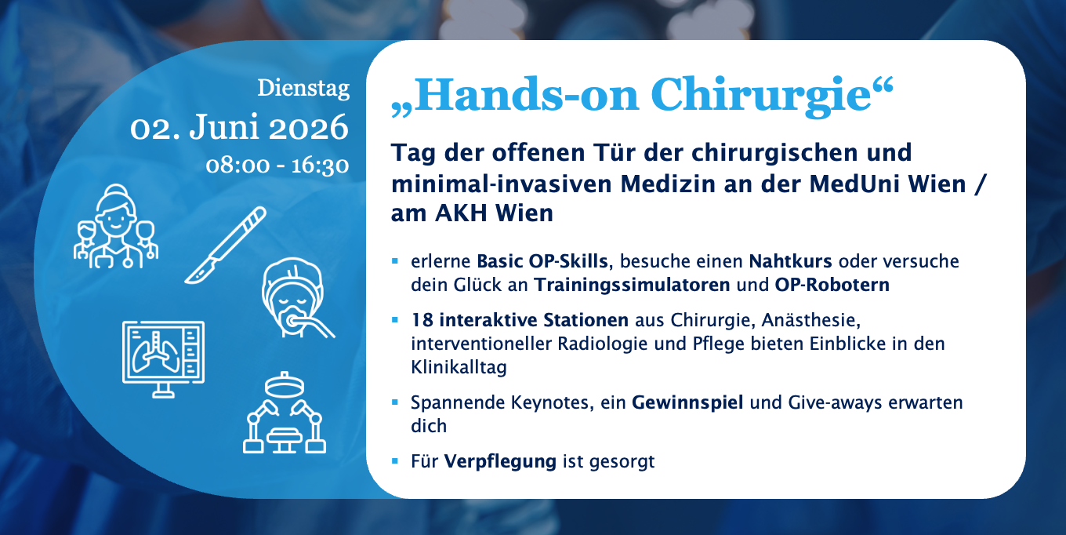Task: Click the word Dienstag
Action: click(x=303, y=88)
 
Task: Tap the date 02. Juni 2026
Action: click(x=239, y=127)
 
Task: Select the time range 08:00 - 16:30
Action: click(x=277, y=165)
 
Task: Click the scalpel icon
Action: click(x=225, y=245)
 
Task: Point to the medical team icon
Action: click(x=116, y=226)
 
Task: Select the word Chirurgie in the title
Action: click(x=761, y=95)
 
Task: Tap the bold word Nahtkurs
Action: click(x=790, y=261)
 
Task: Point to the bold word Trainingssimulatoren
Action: click(x=632, y=285)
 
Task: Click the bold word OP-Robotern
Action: click(x=832, y=285)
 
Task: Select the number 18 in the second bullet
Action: click(x=422, y=320)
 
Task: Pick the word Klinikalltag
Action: click(x=459, y=367)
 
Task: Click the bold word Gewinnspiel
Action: click(x=687, y=402)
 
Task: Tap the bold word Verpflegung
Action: click(x=500, y=461)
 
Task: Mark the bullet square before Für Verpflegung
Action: click(x=395, y=461)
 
